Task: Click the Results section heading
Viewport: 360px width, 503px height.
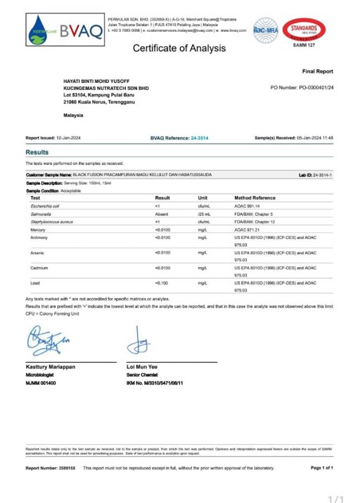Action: [x=37, y=151]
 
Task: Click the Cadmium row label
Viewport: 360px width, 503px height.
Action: [x=39, y=268]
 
